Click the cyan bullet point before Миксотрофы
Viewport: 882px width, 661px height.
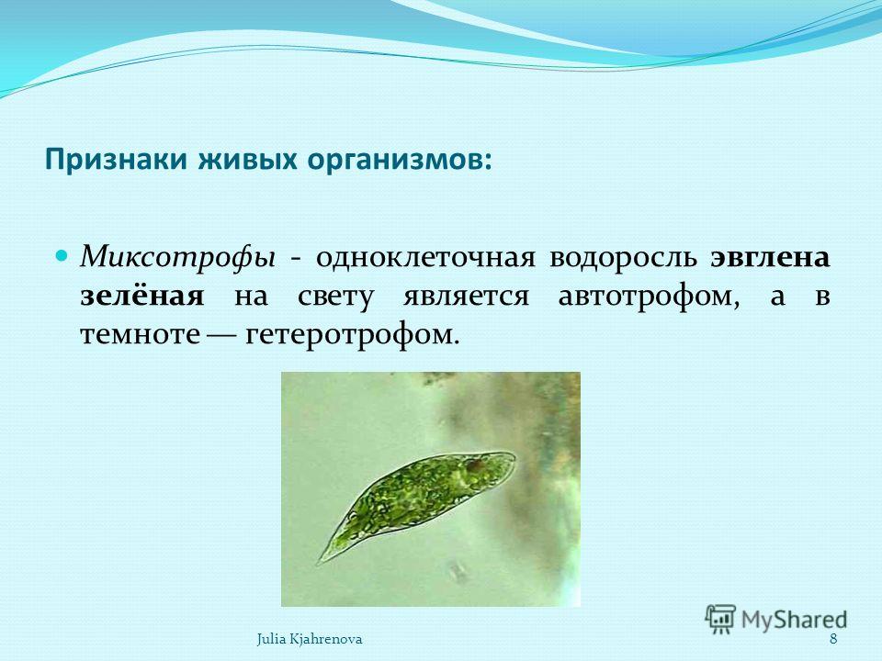tap(64, 256)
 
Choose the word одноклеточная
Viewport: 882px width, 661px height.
tap(424, 258)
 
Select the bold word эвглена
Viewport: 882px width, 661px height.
tap(770, 258)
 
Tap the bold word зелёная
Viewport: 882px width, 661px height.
tap(141, 295)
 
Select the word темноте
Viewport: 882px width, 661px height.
tap(140, 335)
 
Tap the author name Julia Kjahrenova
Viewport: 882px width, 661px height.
tap(310, 639)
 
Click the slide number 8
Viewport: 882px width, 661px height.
tap(833, 639)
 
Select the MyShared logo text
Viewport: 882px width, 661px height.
tap(794, 621)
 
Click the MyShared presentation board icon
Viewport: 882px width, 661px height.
tap(720, 619)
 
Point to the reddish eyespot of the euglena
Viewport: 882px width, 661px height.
tap(475, 465)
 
